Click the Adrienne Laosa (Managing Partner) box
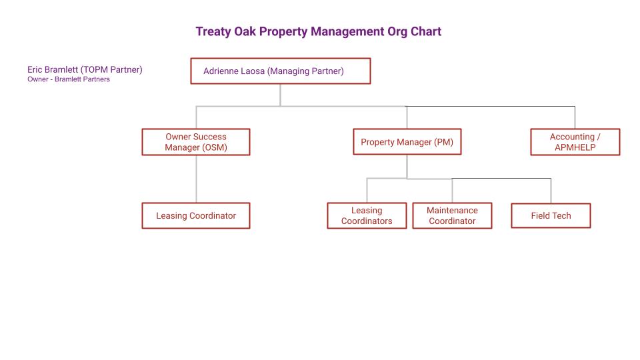coord(281,71)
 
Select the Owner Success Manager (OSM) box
coord(196,142)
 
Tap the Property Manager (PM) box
coord(407,141)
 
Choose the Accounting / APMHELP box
coord(575,142)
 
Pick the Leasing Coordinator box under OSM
coord(196,215)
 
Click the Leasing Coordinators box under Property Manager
coord(367,215)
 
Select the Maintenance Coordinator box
coord(452,215)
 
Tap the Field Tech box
coord(551,215)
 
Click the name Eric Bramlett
coord(53,69)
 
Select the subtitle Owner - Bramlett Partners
coord(69,79)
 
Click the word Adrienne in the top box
coord(220,71)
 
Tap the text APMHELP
coord(575,147)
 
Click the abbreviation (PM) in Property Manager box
coord(444,142)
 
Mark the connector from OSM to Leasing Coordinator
coord(196,179)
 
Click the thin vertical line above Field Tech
coord(551,191)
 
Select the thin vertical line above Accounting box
coord(575,117)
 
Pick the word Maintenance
coord(452,210)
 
